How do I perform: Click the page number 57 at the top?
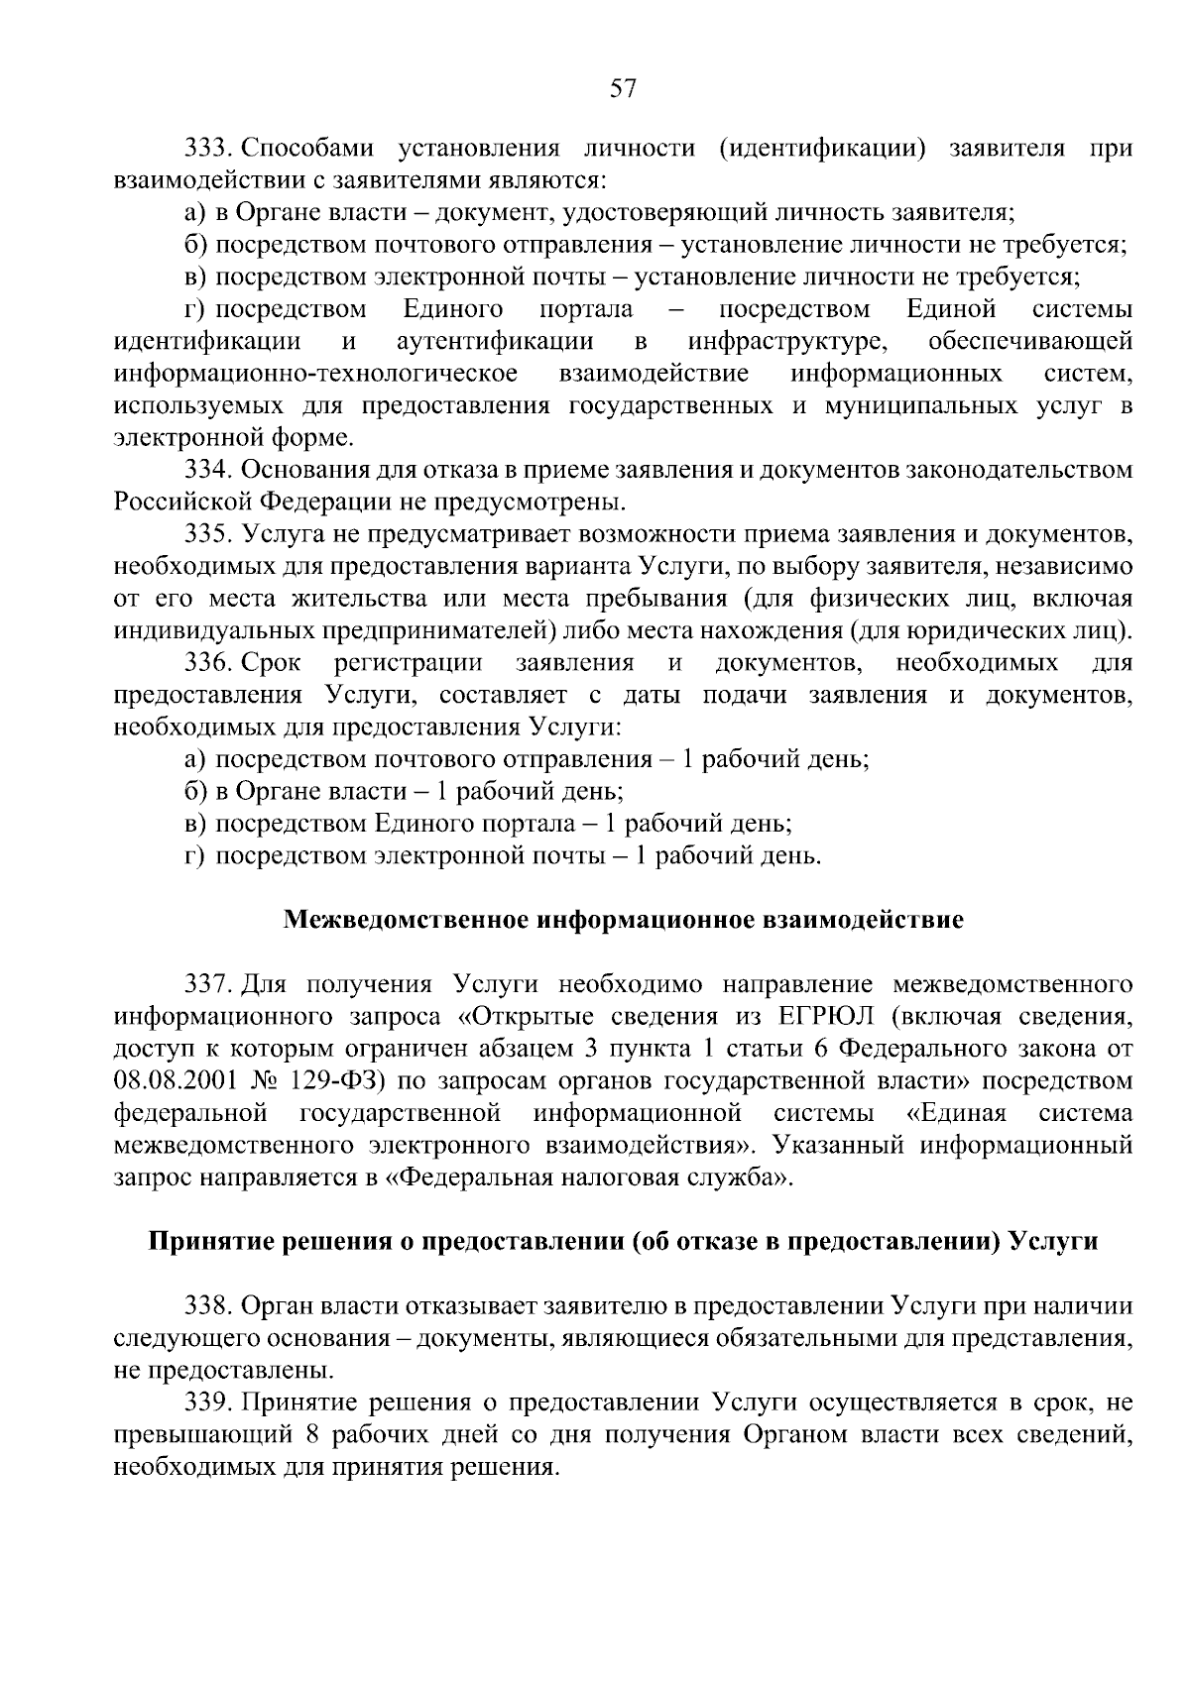pyautogui.click(x=622, y=89)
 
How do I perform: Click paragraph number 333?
pyautogui.click(x=207, y=149)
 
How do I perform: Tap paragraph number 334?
pyautogui.click(x=207, y=470)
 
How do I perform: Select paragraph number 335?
pyautogui.click(x=207, y=534)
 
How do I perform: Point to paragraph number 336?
pyautogui.click(x=207, y=662)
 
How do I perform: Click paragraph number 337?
pyautogui.click(x=207, y=984)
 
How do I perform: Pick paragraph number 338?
pyautogui.click(x=207, y=1306)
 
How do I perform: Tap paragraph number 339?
pyautogui.click(x=207, y=1402)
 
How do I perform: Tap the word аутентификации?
pyautogui.click(x=495, y=342)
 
